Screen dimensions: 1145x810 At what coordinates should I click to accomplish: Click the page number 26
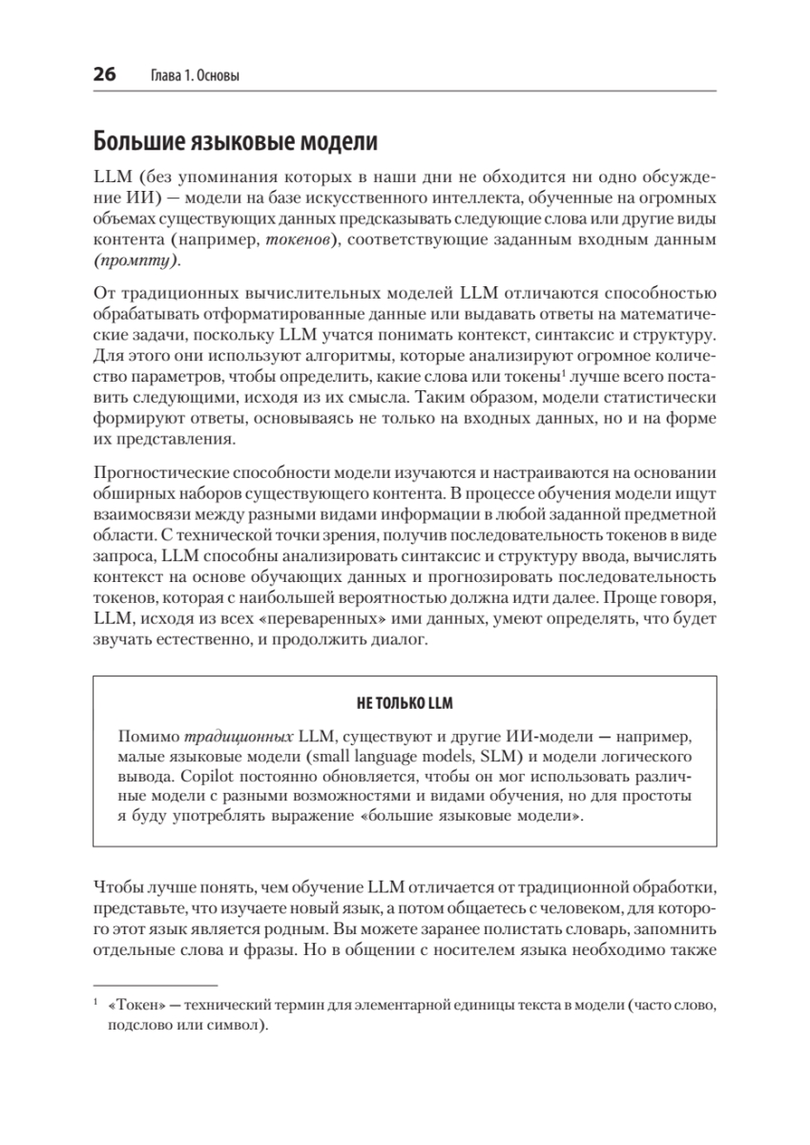(x=104, y=74)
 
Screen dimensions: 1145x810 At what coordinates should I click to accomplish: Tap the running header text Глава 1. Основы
(x=197, y=75)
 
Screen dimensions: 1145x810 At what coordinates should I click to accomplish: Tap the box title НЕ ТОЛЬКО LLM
(x=405, y=703)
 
